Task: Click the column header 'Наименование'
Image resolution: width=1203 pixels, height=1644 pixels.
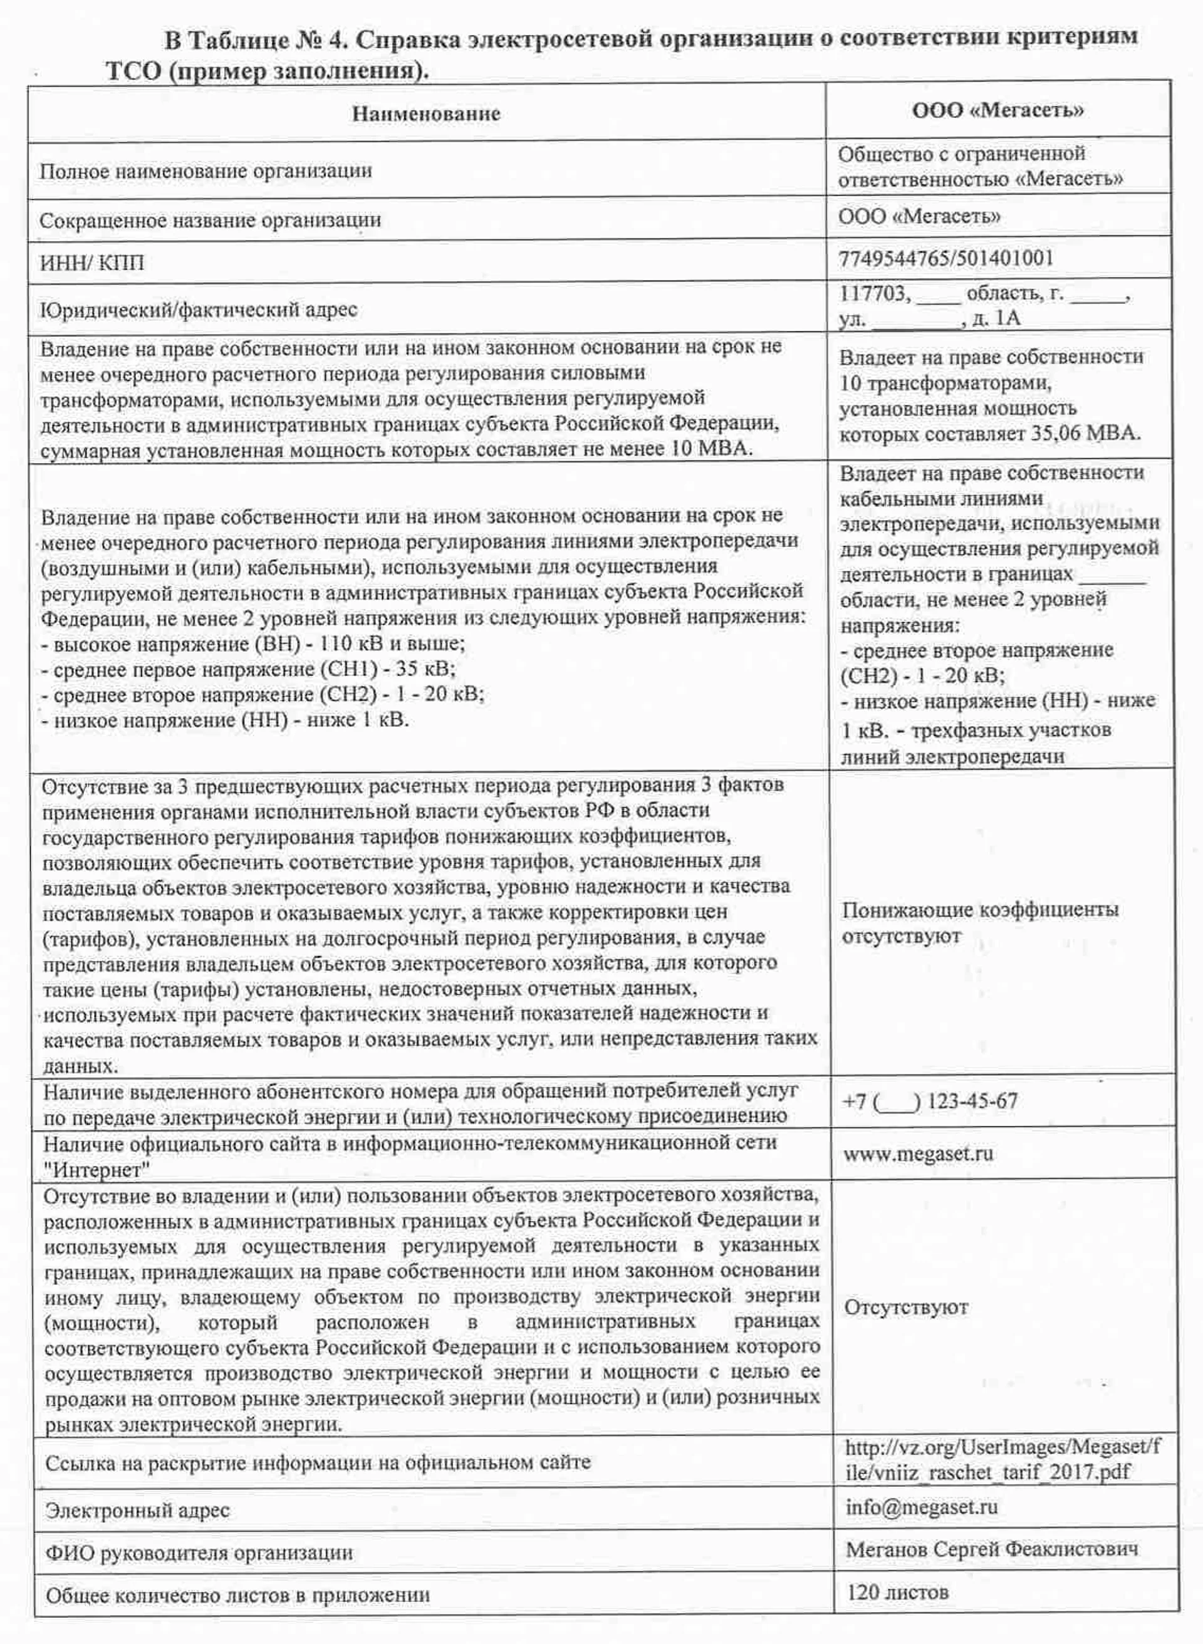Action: pyautogui.click(x=426, y=114)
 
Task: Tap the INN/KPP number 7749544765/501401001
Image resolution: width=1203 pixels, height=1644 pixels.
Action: pyautogui.click(x=946, y=259)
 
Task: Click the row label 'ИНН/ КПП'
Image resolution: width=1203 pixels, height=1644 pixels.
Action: pyautogui.click(x=91, y=263)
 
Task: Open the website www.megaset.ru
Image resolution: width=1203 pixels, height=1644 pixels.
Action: pyautogui.click(x=917, y=1154)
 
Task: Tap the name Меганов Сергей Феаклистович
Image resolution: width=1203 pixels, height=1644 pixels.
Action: pyautogui.click(x=991, y=1549)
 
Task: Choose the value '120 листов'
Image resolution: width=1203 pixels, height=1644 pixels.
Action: pyautogui.click(x=897, y=1592)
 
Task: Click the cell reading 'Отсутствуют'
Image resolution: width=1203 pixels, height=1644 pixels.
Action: pyautogui.click(x=906, y=1308)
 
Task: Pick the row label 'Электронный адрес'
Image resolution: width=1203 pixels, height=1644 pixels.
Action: pyautogui.click(x=137, y=1511)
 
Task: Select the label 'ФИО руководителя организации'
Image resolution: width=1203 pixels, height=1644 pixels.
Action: pyautogui.click(x=199, y=1553)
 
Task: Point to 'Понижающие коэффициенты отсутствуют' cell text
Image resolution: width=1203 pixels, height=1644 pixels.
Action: pyautogui.click(x=979, y=922)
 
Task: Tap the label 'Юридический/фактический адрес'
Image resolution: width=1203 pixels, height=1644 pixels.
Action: pyautogui.click(x=198, y=310)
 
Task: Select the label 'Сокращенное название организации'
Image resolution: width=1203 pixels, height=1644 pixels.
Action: pyautogui.click(x=210, y=220)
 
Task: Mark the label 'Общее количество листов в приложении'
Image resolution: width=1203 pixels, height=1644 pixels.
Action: pyautogui.click(x=237, y=1596)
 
